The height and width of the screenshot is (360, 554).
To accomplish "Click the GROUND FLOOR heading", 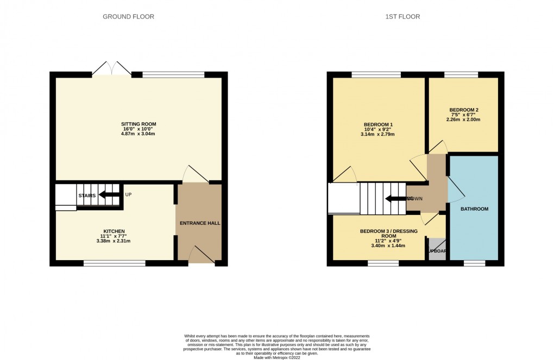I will tap(128, 17).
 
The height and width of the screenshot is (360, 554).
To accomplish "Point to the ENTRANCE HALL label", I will tap(198, 223).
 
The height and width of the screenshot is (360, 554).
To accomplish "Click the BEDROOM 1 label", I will tap(378, 124).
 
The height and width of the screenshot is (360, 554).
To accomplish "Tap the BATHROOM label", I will tap(474, 209).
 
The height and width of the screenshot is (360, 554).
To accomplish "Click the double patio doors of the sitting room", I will tap(111, 69).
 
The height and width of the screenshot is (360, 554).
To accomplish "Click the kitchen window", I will tap(115, 263).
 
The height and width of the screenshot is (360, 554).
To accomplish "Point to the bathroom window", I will tap(474, 263).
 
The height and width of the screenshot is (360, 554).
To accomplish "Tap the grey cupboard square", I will tap(436, 251).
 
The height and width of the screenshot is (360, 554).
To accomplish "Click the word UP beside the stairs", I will tap(128, 194).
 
